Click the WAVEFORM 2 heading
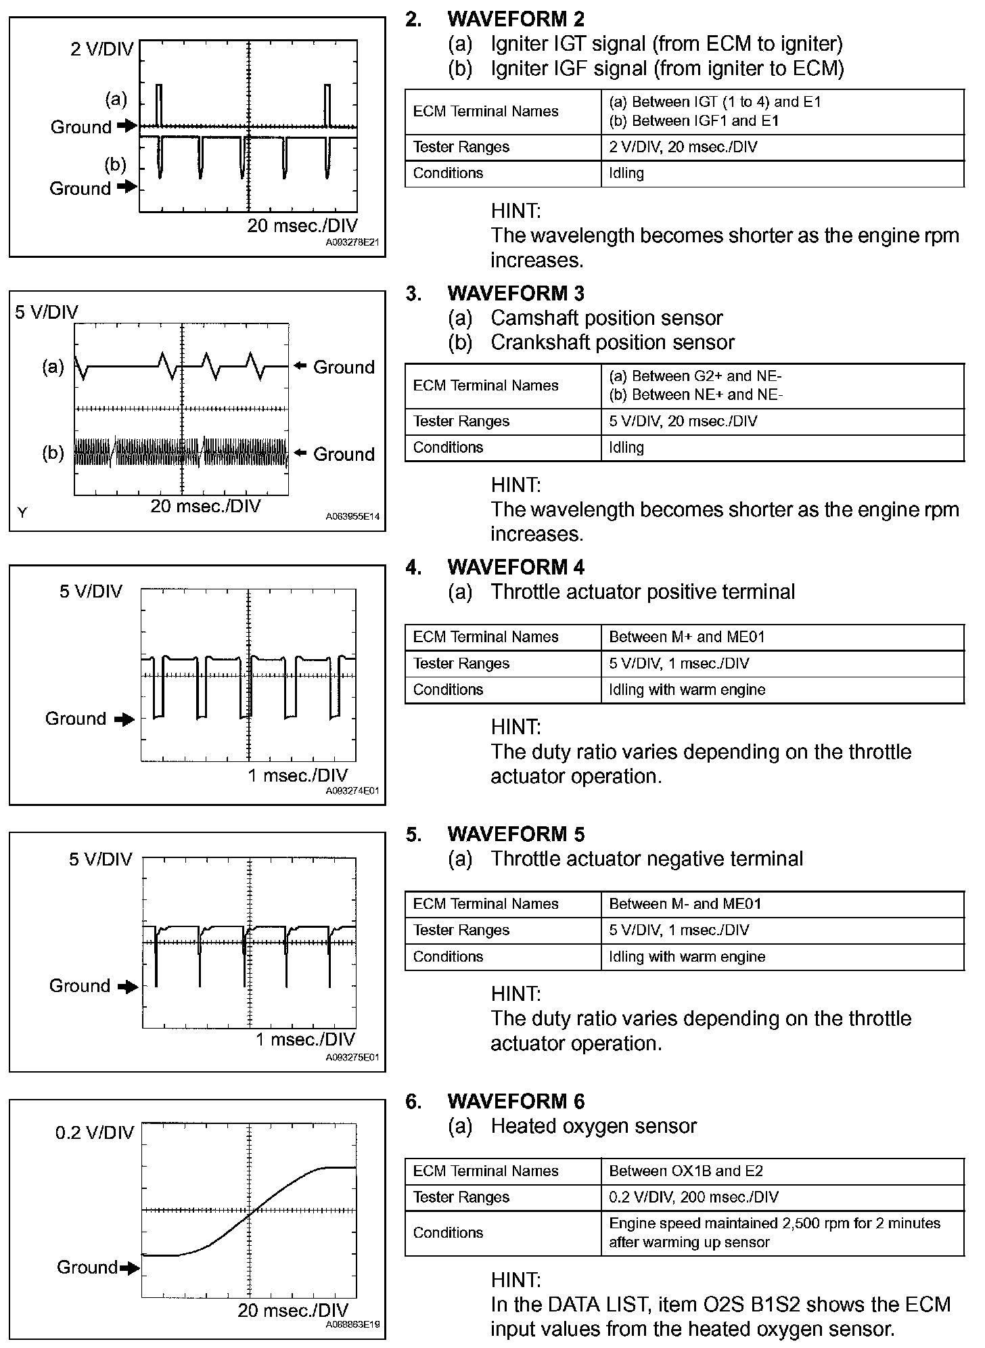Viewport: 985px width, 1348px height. pyautogui.click(x=516, y=19)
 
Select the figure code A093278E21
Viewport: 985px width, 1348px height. pyautogui.click(x=352, y=242)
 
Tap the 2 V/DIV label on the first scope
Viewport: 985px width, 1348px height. pyautogui.click(x=102, y=49)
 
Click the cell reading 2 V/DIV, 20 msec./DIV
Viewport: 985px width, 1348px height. pyautogui.click(x=683, y=147)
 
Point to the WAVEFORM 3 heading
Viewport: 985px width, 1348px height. pyautogui.click(x=516, y=293)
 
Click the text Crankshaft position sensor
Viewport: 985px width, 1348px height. pyautogui.click(x=612, y=342)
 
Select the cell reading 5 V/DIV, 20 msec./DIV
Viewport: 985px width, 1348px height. pyautogui.click(x=683, y=421)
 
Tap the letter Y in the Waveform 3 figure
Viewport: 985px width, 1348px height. pyautogui.click(x=22, y=513)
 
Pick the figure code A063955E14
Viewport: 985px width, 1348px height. pyautogui.click(x=352, y=516)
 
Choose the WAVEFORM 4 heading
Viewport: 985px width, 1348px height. pyautogui.click(x=516, y=567)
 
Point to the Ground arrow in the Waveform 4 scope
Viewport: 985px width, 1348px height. pyautogui.click(x=124, y=719)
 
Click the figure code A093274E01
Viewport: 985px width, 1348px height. pyautogui.click(x=352, y=790)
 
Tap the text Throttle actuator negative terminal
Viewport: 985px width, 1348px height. pyautogui.click(x=647, y=859)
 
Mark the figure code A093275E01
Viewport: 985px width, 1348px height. pyautogui.click(x=352, y=1057)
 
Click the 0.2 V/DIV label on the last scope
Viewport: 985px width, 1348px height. pyautogui.click(x=95, y=1133)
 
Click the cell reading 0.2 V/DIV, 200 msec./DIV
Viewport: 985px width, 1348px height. pyautogui.click(x=693, y=1197)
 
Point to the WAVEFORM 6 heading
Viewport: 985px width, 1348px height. pyautogui.click(x=516, y=1101)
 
